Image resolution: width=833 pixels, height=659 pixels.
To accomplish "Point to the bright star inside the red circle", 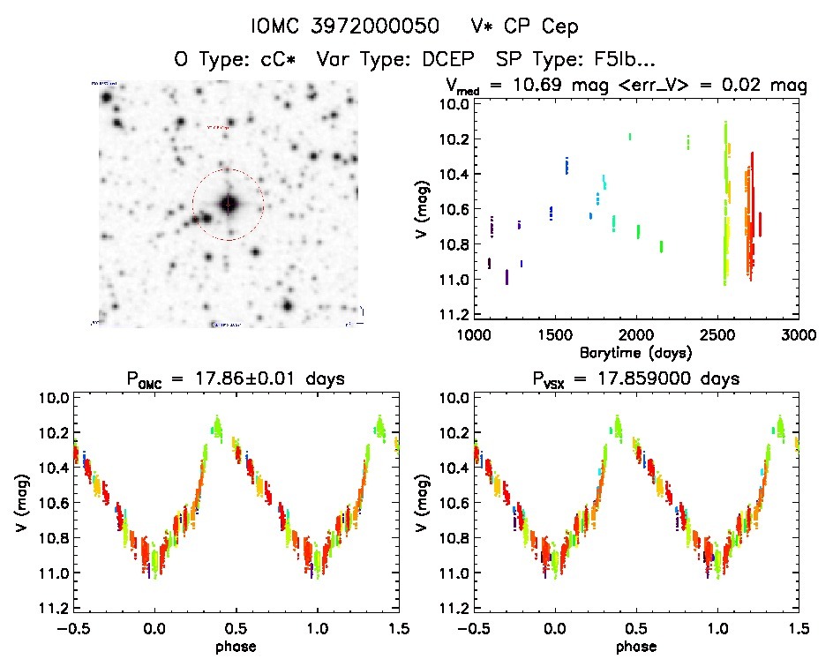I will coord(229,204).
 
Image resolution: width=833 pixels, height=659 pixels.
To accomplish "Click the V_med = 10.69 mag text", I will coord(513,86).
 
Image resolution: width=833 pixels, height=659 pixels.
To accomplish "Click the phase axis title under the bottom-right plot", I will coord(635,645).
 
